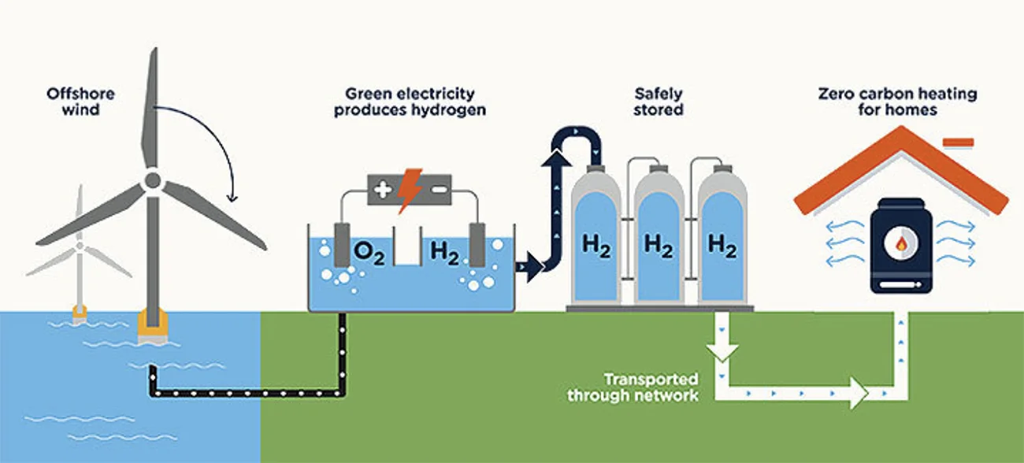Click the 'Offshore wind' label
pyautogui.click(x=80, y=102)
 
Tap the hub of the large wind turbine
pyautogui.click(x=153, y=180)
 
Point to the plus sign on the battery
pyautogui.click(x=383, y=190)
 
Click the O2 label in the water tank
pyautogui.click(x=369, y=254)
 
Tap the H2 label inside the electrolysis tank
pyautogui.click(x=445, y=254)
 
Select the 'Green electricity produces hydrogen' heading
pyautogui.click(x=410, y=102)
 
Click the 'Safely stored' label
pyautogui.click(x=659, y=102)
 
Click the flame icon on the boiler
pyautogui.click(x=901, y=244)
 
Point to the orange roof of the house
pyautogui.click(x=901, y=170)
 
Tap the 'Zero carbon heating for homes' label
pyautogui.click(x=897, y=102)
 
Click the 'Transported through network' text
pyautogui.click(x=633, y=387)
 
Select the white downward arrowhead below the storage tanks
pyautogui.click(x=722, y=353)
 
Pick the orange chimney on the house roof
pyautogui.click(x=958, y=143)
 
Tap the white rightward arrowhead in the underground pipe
pyautogui.click(x=859, y=393)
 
